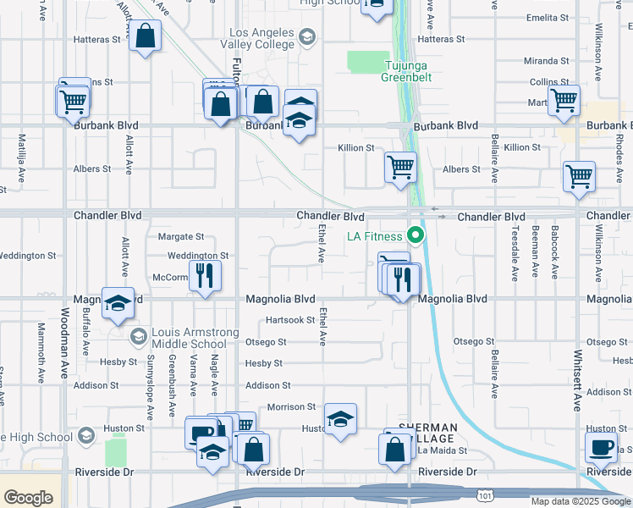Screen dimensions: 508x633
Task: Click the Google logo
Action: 28,497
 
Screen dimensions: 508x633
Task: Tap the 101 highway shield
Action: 482,491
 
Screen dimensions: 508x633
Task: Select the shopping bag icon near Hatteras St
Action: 146,36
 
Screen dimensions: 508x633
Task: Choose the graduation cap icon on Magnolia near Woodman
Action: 118,303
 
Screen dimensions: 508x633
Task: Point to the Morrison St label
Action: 291,407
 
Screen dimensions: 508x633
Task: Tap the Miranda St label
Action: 546,61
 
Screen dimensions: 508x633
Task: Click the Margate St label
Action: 182,236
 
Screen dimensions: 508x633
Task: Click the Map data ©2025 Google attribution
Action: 579,501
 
